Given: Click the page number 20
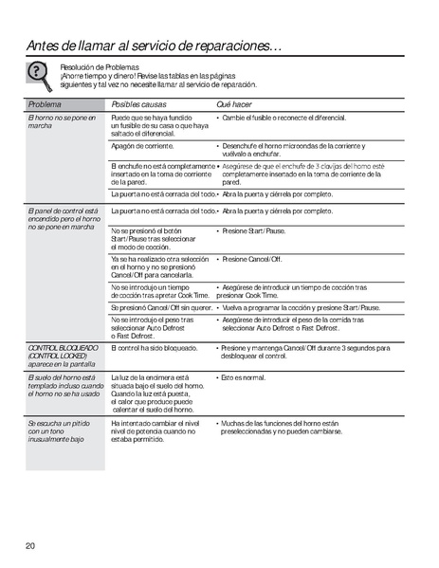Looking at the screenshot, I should click(x=30, y=546).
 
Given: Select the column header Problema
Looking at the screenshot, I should click(x=45, y=103).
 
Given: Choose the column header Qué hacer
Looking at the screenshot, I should click(x=236, y=103).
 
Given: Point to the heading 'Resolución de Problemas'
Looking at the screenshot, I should click(x=100, y=67).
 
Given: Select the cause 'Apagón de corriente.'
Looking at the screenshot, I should click(x=142, y=147).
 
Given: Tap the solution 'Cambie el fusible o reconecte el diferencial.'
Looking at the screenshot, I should click(x=284, y=118).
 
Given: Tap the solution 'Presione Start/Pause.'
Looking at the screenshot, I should click(x=254, y=230).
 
